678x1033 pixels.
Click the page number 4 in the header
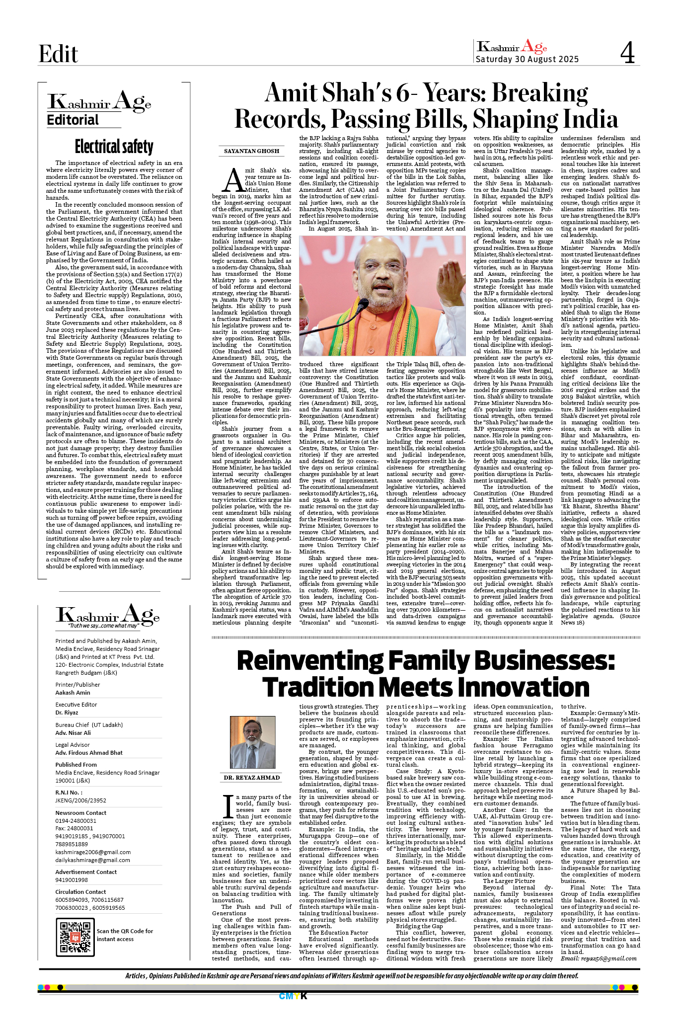[627, 52]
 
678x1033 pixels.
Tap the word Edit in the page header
[58, 54]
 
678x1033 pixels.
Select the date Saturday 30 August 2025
[527, 59]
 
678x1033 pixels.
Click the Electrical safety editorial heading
[114, 147]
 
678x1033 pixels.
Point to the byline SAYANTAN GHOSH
[251, 151]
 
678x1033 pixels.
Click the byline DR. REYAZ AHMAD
[251, 778]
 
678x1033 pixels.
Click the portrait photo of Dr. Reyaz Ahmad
[252, 742]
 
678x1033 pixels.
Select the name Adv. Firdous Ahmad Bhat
[89, 753]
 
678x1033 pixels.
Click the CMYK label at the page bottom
[293, 996]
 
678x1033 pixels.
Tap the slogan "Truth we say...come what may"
[104, 626]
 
